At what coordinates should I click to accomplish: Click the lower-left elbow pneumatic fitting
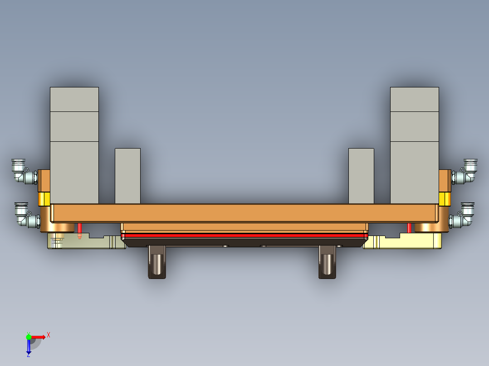coord(25,215)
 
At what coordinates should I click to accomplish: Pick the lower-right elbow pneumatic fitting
coord(464,215)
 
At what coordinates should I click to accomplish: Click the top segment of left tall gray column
coord(74,99)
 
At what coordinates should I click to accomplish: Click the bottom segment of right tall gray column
coord(414,172)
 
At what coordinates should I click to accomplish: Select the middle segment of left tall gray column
coord(74,126)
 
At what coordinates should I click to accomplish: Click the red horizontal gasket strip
coord(244,236)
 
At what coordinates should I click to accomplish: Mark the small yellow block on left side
coord(44,198)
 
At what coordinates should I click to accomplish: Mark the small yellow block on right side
coord(445,198)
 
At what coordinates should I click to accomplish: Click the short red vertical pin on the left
coord(80,230)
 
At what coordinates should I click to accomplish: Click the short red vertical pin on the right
coord(409,227)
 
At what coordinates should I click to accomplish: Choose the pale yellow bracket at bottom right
coord(408,242)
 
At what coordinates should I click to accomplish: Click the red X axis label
coord(48,335)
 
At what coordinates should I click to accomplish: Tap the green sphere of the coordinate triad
coord(29,337)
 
